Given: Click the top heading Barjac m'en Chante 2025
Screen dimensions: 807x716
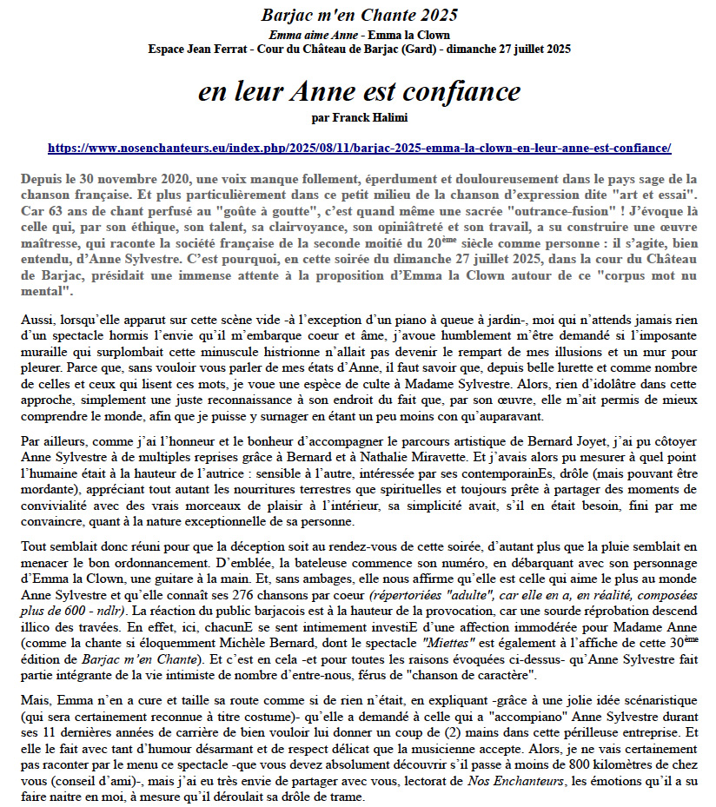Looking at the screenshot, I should (359, 15).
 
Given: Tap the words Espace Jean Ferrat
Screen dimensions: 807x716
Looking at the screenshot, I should (192, 49).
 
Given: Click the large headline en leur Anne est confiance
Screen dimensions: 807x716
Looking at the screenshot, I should (359, 91).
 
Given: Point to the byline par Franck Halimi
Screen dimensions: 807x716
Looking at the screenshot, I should (359, 116).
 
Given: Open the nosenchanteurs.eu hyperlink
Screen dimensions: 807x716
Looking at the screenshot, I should (359, 149).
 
